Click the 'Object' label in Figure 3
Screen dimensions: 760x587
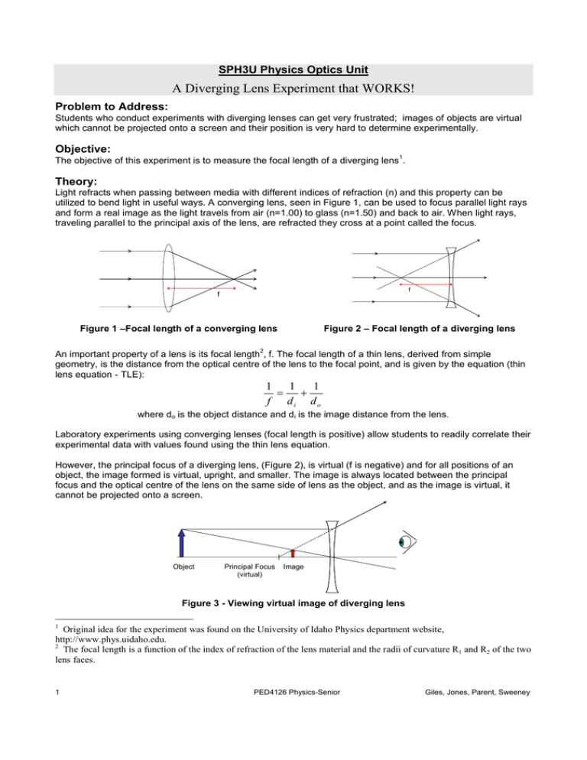[182, 567]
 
